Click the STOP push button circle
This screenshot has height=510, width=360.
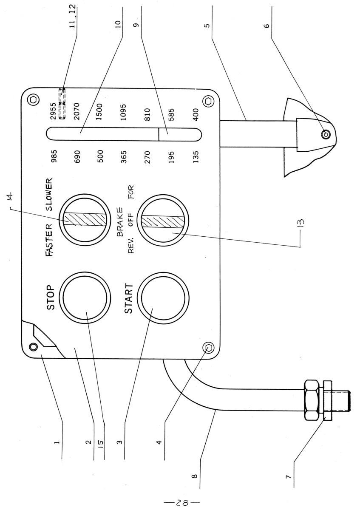[85, 297]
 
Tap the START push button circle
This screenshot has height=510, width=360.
[163, 298]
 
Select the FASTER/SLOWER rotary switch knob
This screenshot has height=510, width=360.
[85, 220]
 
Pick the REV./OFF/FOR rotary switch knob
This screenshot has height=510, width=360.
[163, 221]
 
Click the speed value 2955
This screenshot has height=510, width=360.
[53, 111]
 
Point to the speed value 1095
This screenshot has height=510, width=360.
[123, 112]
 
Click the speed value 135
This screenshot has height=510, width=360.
[196, 157]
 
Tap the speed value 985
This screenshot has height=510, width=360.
[54, 156]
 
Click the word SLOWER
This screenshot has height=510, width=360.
[49, 194]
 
